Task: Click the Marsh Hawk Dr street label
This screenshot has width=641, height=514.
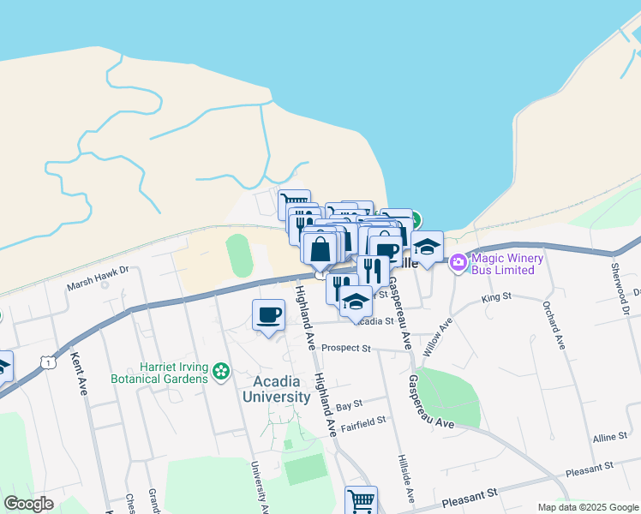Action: [x=99, y=278]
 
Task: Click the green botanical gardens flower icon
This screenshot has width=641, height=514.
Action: [x=222, y=371]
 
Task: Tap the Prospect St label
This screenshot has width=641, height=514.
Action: [x=346, y=349]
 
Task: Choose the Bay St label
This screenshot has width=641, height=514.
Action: [x=350, y=403]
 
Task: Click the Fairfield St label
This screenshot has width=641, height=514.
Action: [x=364, y=421]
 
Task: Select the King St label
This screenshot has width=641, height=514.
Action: [x=495, y=297]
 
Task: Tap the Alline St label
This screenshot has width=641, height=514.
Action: [x=609, y=438]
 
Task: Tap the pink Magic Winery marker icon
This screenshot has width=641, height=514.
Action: [x=458, y=260]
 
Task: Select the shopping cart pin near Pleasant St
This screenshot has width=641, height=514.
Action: [x=361, y=500]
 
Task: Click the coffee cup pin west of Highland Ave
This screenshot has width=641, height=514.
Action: [x=268, y=315]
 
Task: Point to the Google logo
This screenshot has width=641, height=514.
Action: [x=28, y=504]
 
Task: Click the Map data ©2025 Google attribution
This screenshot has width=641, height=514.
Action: [x=588, y=507]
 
